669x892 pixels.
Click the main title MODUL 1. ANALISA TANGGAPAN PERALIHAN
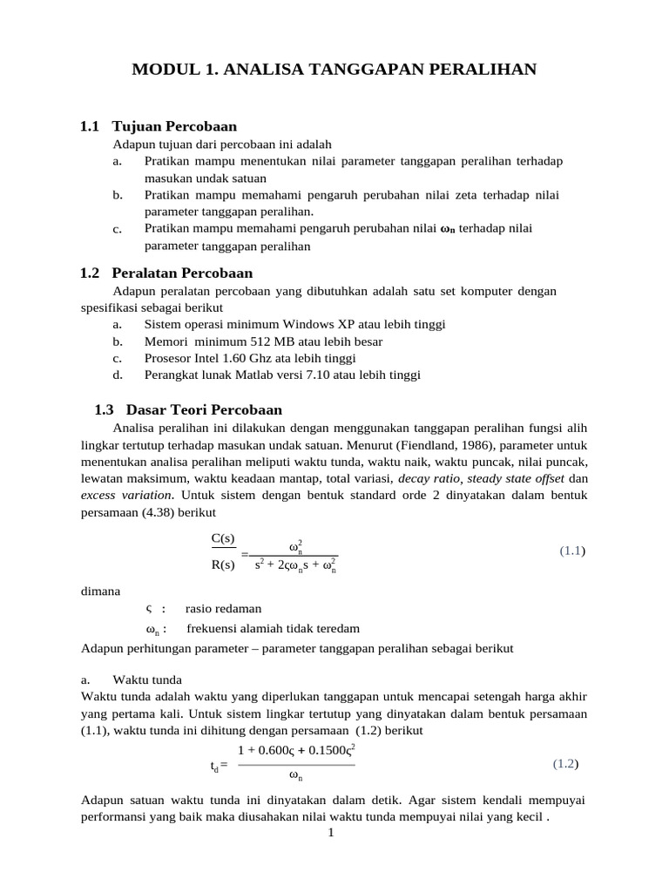(334, 69)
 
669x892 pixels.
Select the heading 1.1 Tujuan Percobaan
(159, 126)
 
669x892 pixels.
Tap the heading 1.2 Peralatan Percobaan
(166, 273)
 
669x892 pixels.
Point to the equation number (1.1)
(572, 551)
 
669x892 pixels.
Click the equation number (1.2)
(566, 764)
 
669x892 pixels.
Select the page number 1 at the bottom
(331, 834)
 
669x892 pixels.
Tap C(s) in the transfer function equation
(224, 538)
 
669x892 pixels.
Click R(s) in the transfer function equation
(224, 564)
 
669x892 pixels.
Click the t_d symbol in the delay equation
(217, 767)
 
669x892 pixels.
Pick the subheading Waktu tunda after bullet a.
(147, 679)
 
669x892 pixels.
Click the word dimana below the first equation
(100, 591)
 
